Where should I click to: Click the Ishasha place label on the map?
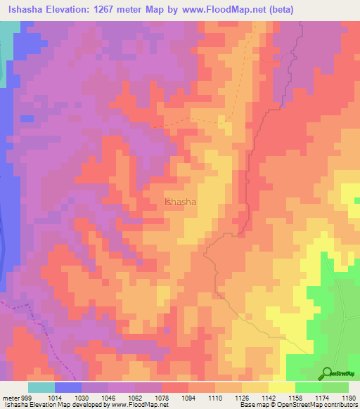[180, 202]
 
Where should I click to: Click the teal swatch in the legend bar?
[41, 387]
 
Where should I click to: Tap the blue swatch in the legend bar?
[68, 387]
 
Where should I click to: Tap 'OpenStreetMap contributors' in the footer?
[319, 405]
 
